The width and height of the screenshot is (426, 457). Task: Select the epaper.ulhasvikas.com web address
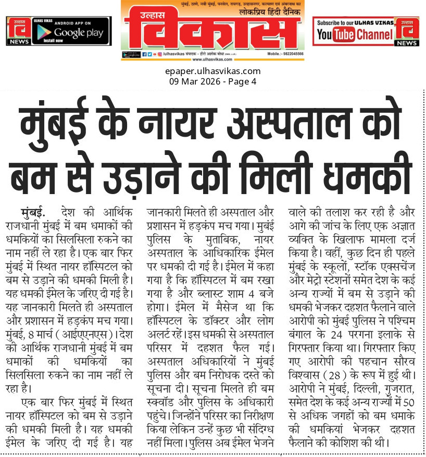pos(212,71)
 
